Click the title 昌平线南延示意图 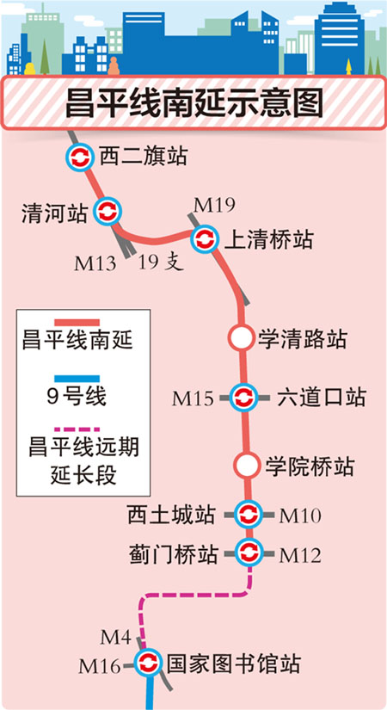click(193, 102)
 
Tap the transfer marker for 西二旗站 click(80, 157)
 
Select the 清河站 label click(54, 213)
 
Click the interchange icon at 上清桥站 click(204, 238)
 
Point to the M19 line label click(214, 206)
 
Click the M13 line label click(95, 263)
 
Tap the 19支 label click(161, 262)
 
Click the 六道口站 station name click(321, 398)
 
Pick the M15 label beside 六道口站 click(193, 398)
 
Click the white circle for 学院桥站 click(247, 466)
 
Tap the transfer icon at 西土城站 click(249, 515)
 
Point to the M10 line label click(300, 516)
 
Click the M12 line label click(300, 556)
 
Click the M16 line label click(100, 666)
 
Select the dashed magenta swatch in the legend click(77, 429)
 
